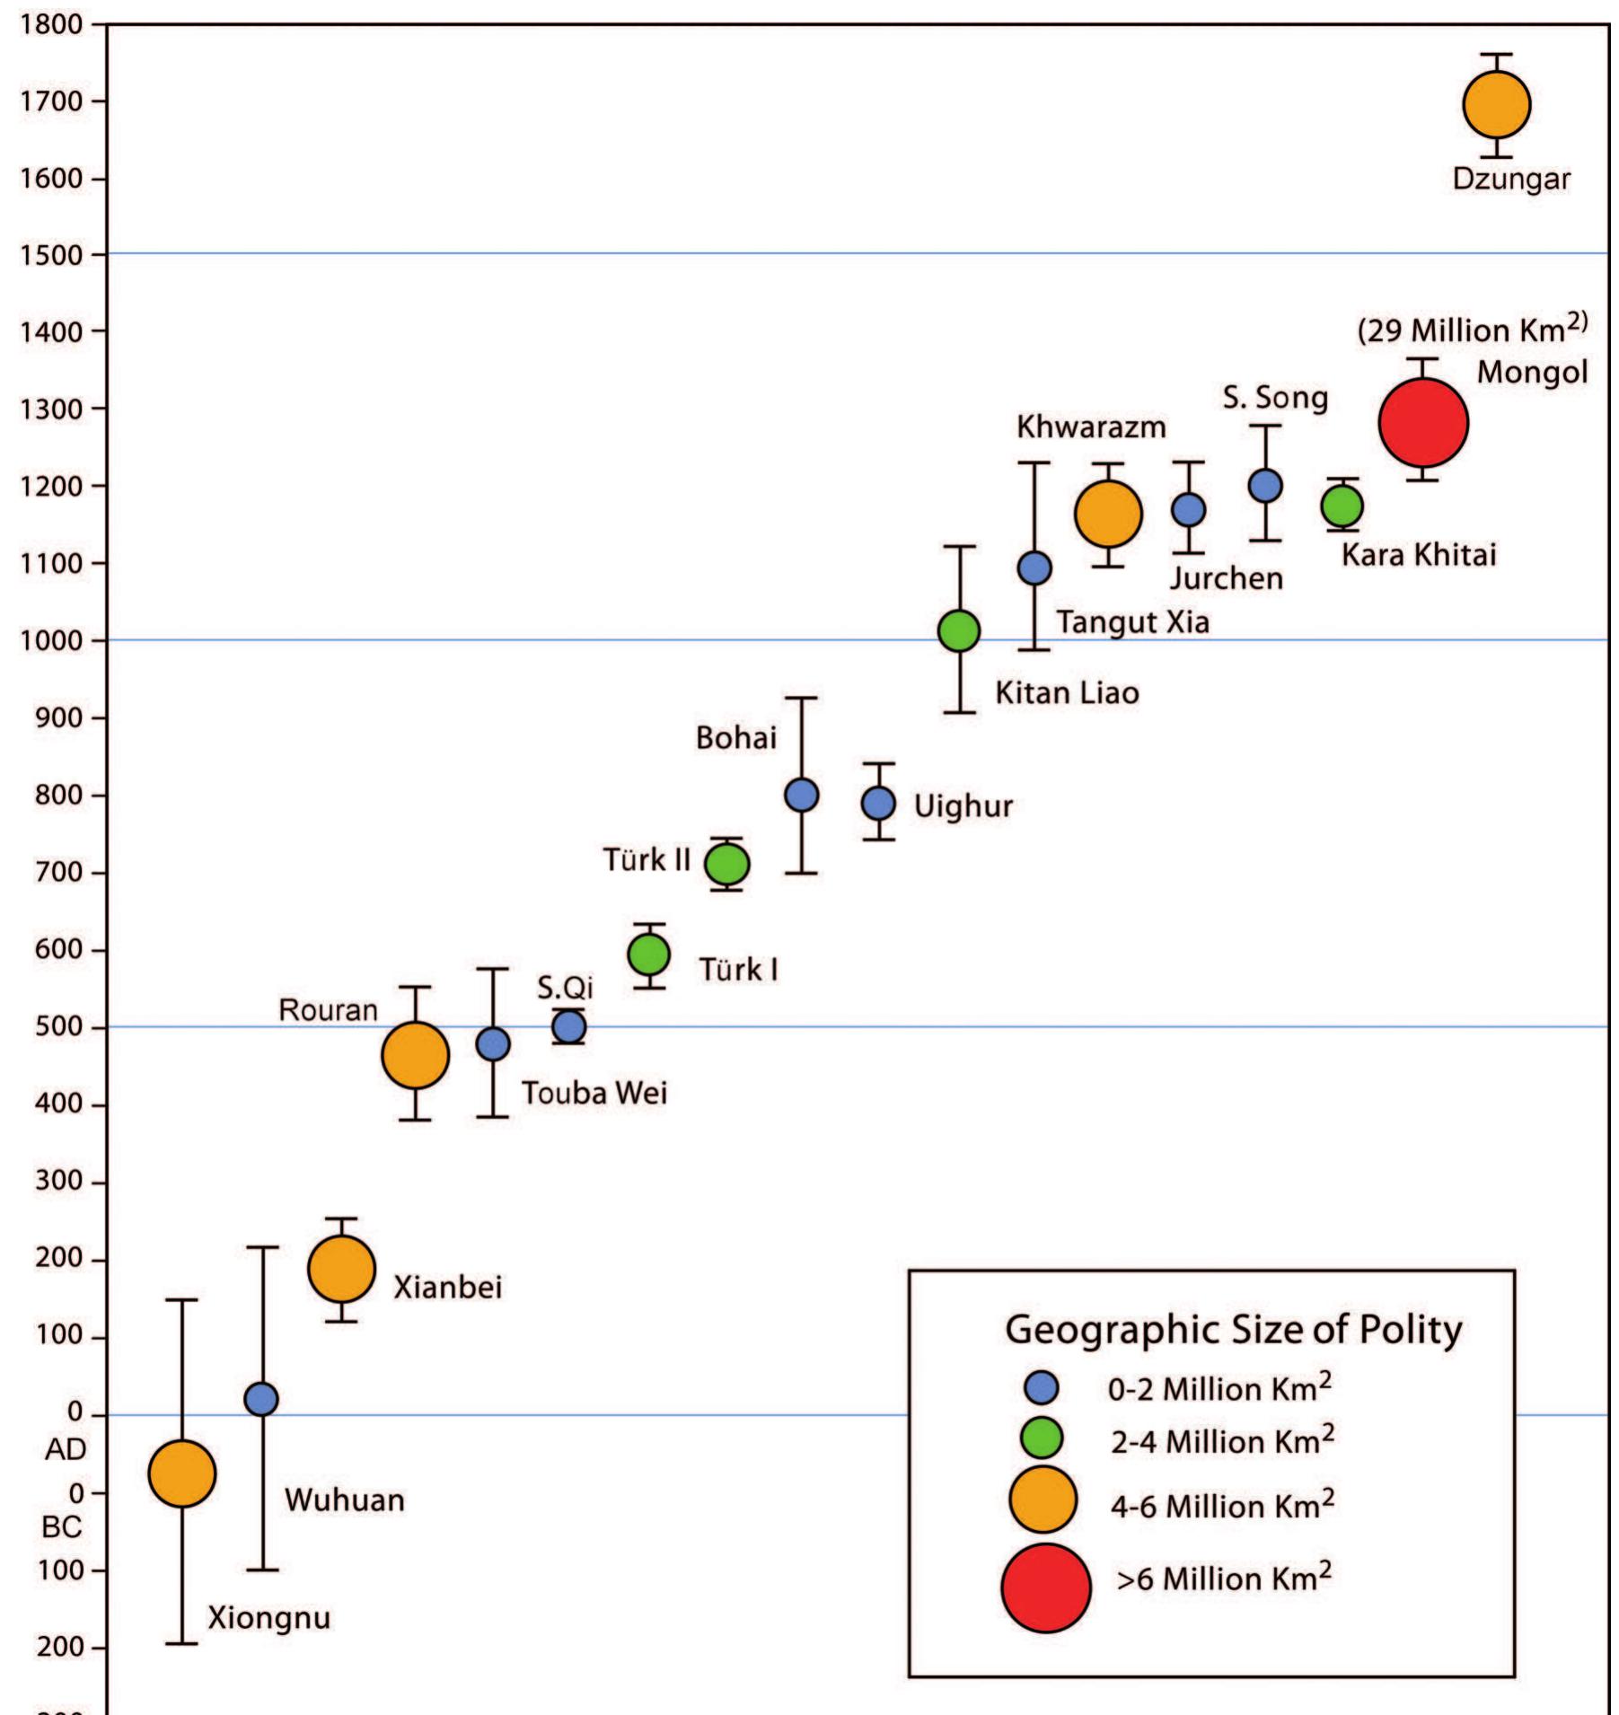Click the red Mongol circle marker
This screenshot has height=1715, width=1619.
click(1423, 423)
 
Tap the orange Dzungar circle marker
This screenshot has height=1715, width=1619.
click(1496, 105)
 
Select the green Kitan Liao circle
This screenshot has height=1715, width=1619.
click(959, 631)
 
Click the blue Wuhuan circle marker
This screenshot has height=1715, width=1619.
click(261, 1399)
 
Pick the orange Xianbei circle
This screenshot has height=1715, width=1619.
click(341, 1269)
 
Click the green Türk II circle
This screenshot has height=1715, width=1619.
click(727, 864)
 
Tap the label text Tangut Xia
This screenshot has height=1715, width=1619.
click(1132, 621)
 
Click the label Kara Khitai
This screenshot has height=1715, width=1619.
click(1419, 555)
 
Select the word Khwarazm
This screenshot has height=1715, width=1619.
click(1091, 427)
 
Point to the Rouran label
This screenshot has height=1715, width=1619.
click(328, 1010)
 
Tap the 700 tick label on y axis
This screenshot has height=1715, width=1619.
click(58, 873)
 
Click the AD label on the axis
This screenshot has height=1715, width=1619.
click(66, 1449)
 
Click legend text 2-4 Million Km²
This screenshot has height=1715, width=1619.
click(1221, 1441)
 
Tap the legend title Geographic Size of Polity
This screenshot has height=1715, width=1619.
click(1233, 1330)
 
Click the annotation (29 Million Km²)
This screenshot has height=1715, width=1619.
click(1473, 330)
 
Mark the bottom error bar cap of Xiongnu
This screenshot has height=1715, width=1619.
click(182, 1643)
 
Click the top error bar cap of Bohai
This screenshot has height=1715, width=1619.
click(801, 698)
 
